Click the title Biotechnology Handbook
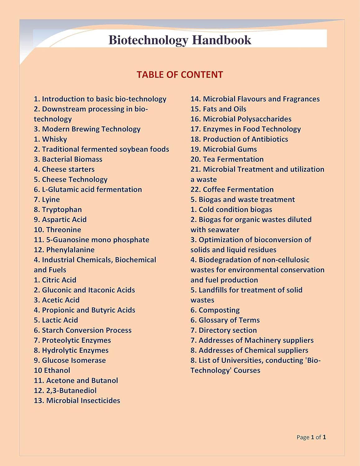(180, 40)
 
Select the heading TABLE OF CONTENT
(180, 75)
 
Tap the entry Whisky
(51, 139)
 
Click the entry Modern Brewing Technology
(87, 129)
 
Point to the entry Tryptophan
(58, 210)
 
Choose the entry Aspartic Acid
(60, 220)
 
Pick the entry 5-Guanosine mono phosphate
(92, 240)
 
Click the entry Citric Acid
(55, 280)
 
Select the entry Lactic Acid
(56, 320)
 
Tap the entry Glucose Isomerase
(70, 360)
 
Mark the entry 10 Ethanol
(52, 370)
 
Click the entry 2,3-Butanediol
(65, 391)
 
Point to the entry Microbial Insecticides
(77, 400)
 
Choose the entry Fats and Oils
(218, 109)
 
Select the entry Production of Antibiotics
(239, 139)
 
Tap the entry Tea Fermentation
(227, 159)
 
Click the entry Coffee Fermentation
(232, 190)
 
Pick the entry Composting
(215, 310)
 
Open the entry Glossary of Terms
(225, 320)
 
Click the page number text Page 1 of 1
(311, 437)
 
